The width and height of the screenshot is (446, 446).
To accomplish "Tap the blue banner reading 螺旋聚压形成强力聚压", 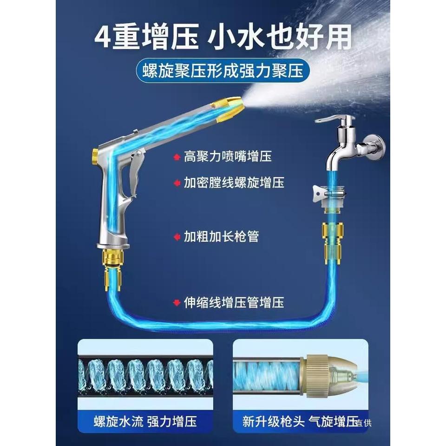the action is point(223,70).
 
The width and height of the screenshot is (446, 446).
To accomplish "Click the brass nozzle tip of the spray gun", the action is point(228,108).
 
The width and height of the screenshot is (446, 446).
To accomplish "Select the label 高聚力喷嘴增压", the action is point(228,157).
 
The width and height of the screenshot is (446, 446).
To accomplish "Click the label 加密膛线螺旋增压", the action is point(234,183).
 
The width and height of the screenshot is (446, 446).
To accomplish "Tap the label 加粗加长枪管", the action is point(221,236).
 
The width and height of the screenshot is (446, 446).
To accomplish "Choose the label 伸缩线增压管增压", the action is point(234,302).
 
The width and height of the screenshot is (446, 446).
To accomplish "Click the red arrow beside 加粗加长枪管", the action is point(177,236).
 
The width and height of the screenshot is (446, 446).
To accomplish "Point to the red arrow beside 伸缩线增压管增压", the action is point(177,302).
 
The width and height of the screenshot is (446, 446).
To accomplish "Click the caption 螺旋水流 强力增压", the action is point(145,421).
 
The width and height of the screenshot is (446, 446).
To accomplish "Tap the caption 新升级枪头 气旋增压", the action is point(300,421).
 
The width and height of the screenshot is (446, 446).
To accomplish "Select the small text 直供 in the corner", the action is point(364,423).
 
